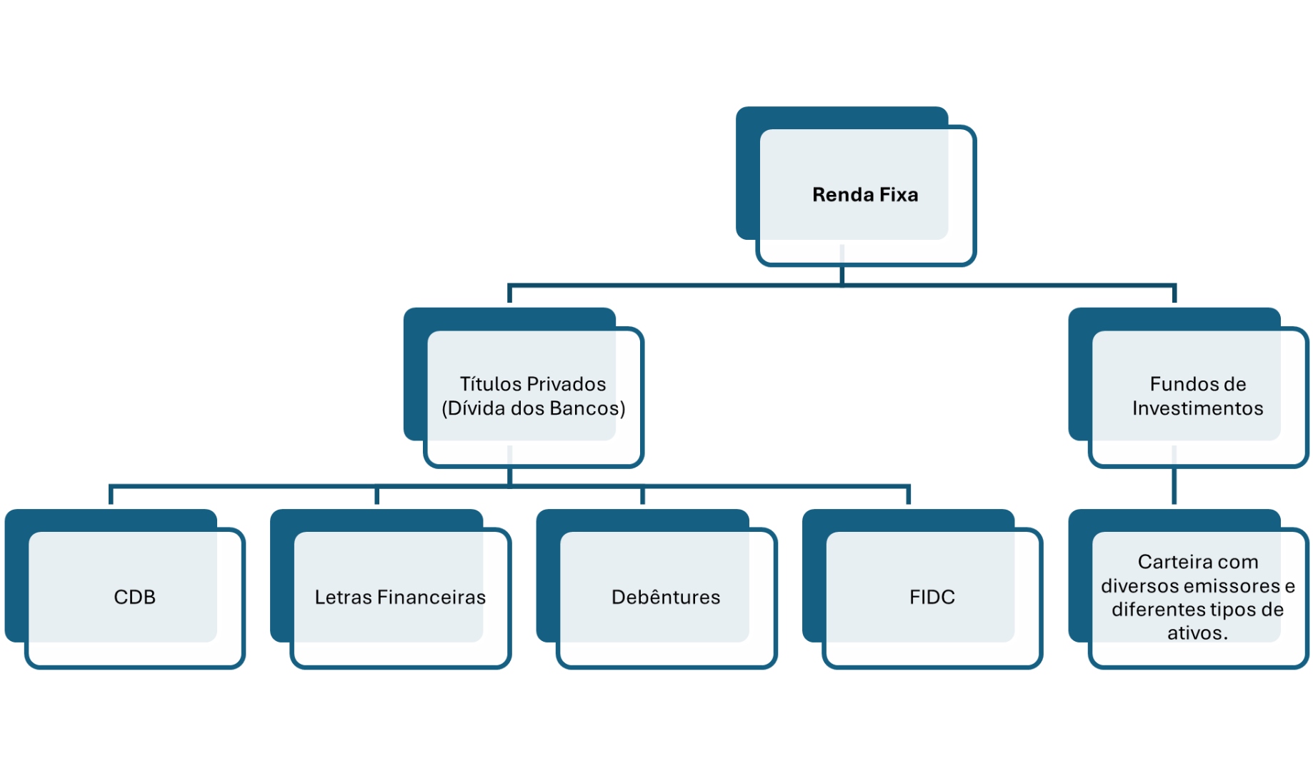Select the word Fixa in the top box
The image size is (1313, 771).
(898, 195)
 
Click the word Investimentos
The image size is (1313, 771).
(1197, 408)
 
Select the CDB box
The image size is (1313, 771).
(134, 597)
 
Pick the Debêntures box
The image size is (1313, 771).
(666, 597)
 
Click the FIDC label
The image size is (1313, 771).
(932, 597)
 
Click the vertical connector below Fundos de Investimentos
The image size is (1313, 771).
(1174, 487)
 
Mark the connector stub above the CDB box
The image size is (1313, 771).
(111, 495)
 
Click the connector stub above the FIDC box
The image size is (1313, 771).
(908, 495)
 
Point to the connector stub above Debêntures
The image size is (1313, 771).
(642, 495)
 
